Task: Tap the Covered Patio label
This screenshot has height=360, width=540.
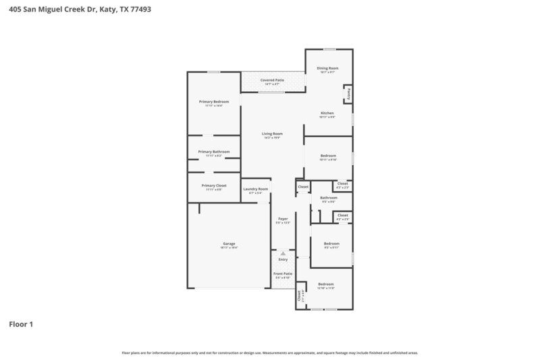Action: [272, 80]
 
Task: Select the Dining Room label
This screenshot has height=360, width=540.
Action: [327, 68]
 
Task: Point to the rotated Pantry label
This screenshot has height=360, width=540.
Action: [348, 93]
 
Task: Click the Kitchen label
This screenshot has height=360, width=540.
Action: [327, 113]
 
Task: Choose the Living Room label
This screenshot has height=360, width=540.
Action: [272, 134]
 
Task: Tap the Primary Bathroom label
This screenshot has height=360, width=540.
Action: [213, 152]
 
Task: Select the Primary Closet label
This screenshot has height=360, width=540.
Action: [213, 185]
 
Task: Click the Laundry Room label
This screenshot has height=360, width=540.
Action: [255, 189]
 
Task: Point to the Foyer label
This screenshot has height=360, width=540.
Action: [283, 219]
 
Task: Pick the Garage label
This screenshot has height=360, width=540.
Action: [229, 243]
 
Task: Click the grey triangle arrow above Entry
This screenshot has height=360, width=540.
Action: [283, 253]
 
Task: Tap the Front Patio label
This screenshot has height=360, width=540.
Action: [282, 274]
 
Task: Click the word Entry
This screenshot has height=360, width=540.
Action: [283, 260]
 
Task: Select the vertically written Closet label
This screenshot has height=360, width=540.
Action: [299, 295]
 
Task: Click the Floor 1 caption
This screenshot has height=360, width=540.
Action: [21, 324]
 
